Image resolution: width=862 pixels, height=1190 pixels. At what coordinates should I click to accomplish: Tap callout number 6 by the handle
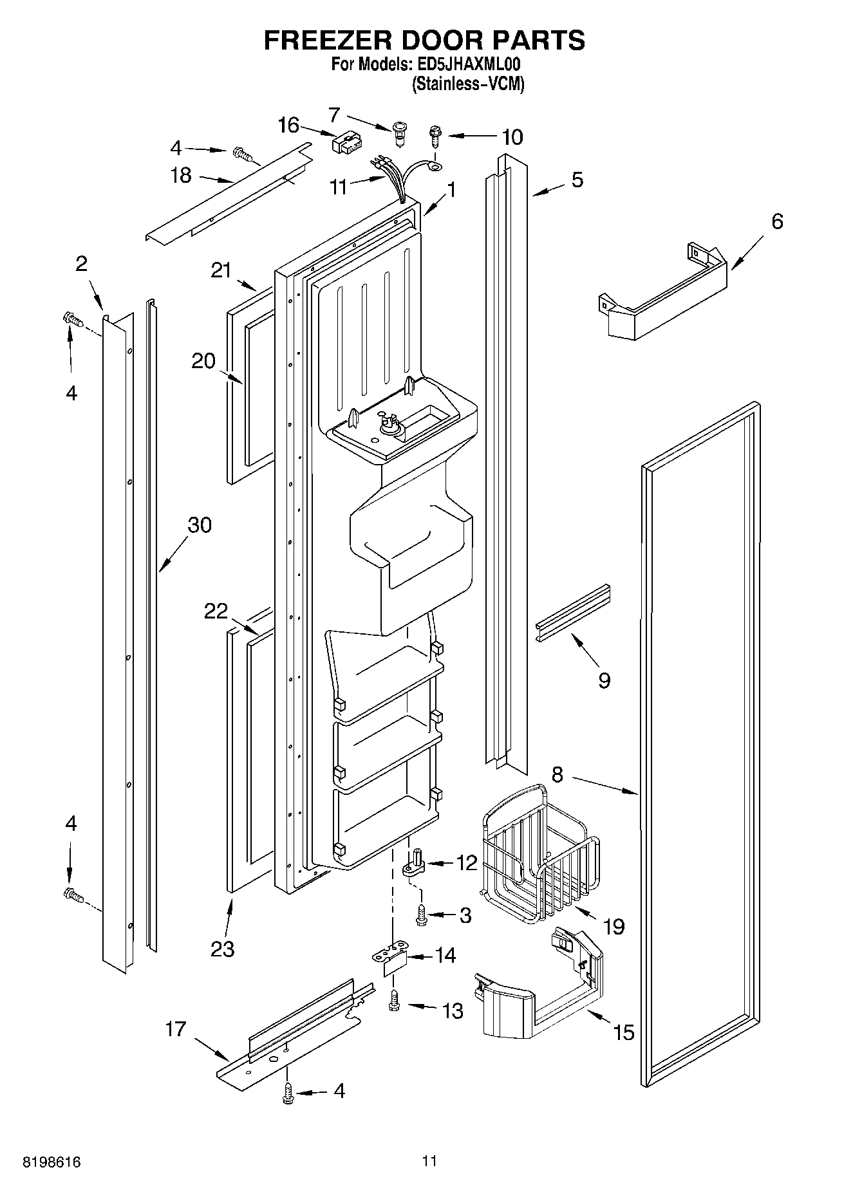coord(777,221)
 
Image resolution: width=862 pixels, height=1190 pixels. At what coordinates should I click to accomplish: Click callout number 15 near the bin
coord(623,1032)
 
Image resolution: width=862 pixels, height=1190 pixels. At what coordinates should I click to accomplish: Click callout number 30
coord(199,525)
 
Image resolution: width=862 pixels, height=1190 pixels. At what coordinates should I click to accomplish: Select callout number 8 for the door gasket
coord(557,774)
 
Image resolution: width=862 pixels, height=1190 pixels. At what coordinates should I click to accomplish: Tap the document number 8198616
coord(52,1162)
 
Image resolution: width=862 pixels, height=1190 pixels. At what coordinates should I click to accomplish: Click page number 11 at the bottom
coord(429,1160)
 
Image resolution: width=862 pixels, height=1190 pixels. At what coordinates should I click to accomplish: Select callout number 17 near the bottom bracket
coord(175,1028)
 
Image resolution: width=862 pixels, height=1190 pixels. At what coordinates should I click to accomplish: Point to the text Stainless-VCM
coord(468,84)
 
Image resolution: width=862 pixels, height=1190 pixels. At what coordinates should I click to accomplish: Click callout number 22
coord(216,611)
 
